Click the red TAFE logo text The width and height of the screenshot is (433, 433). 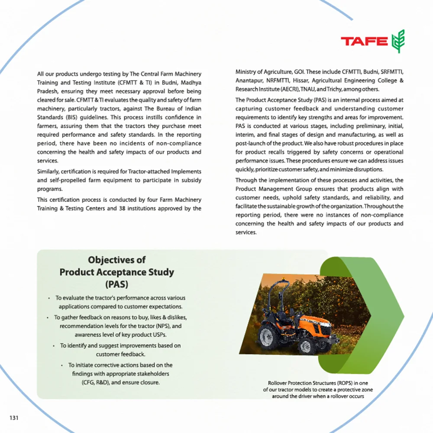[x=364, y=42]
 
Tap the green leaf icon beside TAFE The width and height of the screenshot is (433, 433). [x=398, y=42]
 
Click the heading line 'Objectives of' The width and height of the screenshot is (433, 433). [x=116, y=260]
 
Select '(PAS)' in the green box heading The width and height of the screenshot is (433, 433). [x=116, y=284]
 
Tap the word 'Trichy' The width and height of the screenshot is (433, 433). [x=334, y=89]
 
